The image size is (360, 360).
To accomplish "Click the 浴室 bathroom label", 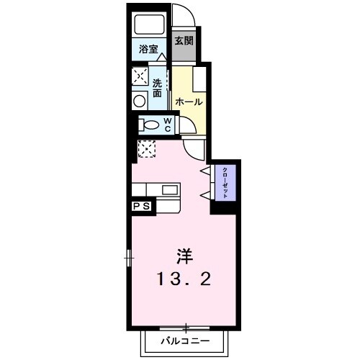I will [x=148, y=50].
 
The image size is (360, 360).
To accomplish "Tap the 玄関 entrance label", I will [x=184, y=41].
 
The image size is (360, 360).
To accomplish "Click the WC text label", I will [x=167, y=125].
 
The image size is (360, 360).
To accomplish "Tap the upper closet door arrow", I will [x=205, y=171].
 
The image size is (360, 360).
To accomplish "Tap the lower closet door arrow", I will [x=205, y=195].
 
